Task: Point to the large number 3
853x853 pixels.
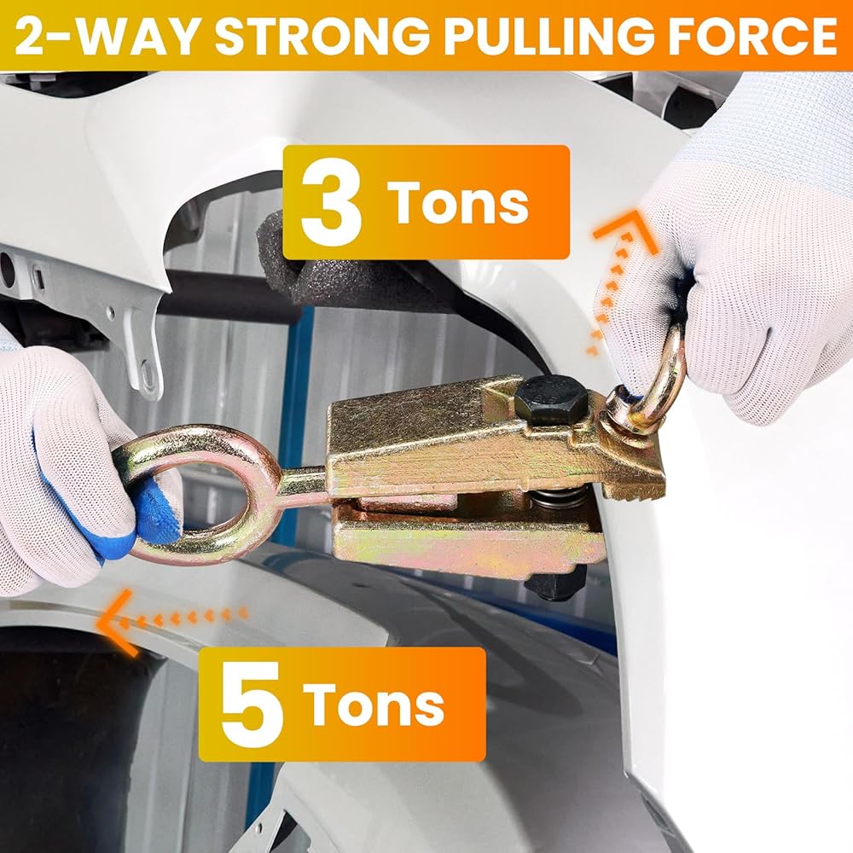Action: [331, 202]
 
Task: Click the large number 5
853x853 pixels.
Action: [252, 704]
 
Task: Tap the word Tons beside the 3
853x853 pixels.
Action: [458, 202]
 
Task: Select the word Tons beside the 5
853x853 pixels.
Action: [374, 704]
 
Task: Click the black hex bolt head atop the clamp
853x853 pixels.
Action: [550, 399]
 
